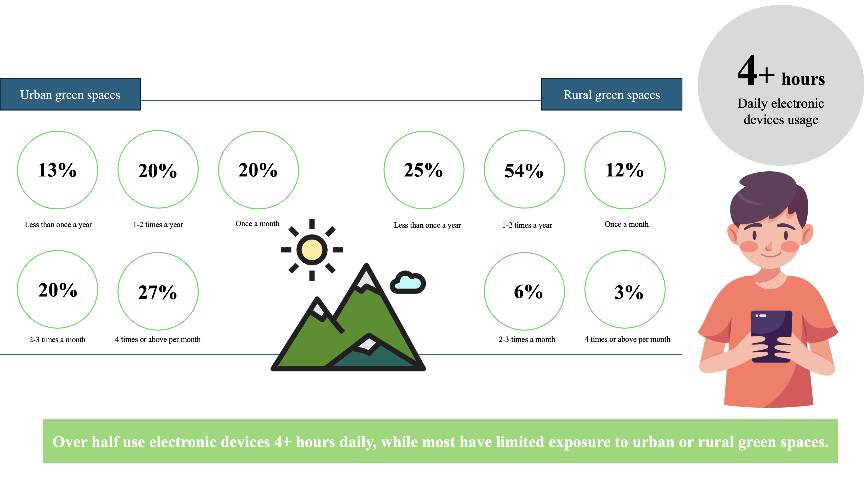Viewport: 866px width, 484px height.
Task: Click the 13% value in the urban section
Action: coord(57,170)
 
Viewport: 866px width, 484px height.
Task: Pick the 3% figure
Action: coord(629,292)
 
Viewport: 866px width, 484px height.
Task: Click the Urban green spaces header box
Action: coord(70,94)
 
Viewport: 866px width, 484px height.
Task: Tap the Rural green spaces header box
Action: coord(612,94)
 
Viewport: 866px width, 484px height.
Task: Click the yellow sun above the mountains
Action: coord(312,249)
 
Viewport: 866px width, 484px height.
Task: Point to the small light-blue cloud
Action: coord(408,282)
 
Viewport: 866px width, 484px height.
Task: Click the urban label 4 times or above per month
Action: coord(158,340)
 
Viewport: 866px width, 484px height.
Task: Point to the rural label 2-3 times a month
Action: coord(527,340)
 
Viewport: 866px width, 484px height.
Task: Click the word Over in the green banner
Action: coord(70,442)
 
